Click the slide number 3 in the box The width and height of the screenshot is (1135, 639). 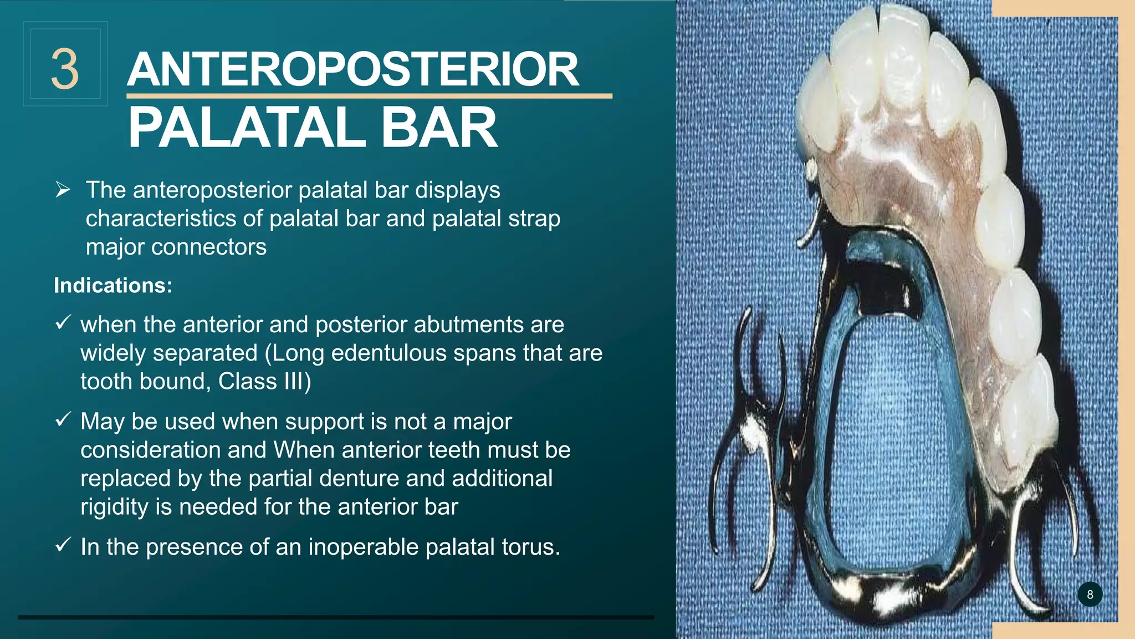pyautogui.click(x=65, y=69)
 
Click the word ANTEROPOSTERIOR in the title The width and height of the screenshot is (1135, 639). pyautogui.click(x=353, y=70)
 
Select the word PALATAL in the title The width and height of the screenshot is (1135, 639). pyautogui.click(x=247, y=128)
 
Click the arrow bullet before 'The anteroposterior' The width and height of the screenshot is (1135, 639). pyautogui.click(x=63, y=190)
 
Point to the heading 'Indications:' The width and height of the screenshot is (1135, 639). pyautogui.click(x=113, y=286)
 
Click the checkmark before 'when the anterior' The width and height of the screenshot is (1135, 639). pyautogui.click(x=63, y=322)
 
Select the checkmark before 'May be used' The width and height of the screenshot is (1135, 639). pyautogui.click(x=63, y=419)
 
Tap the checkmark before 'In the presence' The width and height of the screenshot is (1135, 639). pyautogui.click(x=63, y=545)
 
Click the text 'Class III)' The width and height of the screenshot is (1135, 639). pyautogui.click(x=264, y=382)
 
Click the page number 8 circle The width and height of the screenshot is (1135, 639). pyautogui.click(x=1090, y=595)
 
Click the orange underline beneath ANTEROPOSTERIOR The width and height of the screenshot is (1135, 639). pyautogui.click(x=369, y=97)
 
